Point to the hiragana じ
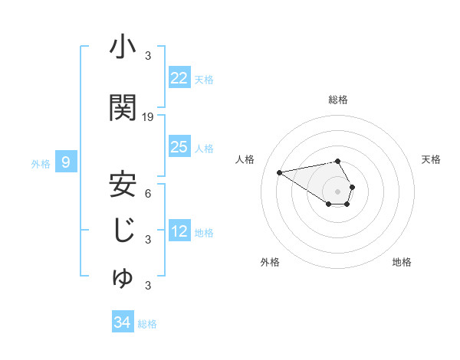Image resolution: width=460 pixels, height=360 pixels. click(x=123, y=231)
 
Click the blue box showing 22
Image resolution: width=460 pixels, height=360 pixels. click(x=179, y=77)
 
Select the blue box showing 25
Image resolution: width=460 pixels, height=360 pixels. click(x=179, y=147)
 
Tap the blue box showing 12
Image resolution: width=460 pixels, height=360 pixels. click(x=179, y=232)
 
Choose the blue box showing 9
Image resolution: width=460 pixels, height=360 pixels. click(x=67, y=162)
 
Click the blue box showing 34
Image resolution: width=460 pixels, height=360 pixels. click(x=122, y=322)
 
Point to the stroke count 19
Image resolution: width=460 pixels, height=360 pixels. click(x=148, y=116)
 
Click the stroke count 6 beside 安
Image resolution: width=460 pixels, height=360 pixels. click(x=148, y=193)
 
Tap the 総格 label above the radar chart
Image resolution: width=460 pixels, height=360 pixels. click(x=338, y=100)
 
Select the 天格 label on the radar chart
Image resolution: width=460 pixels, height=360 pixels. click(x=431, y=159)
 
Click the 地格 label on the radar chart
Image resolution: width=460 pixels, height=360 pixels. click(x=402, y=262)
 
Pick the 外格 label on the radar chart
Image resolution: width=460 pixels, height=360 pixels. click(x=270, y=262)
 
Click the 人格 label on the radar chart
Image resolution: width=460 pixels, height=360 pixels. click(x=245, y=159)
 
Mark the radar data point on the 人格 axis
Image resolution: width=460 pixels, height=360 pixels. click(x=280, y=172)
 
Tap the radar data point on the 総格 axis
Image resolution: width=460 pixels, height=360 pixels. click(x=338, y=161)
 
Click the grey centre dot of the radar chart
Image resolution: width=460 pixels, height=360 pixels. click(x=338, y=190)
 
